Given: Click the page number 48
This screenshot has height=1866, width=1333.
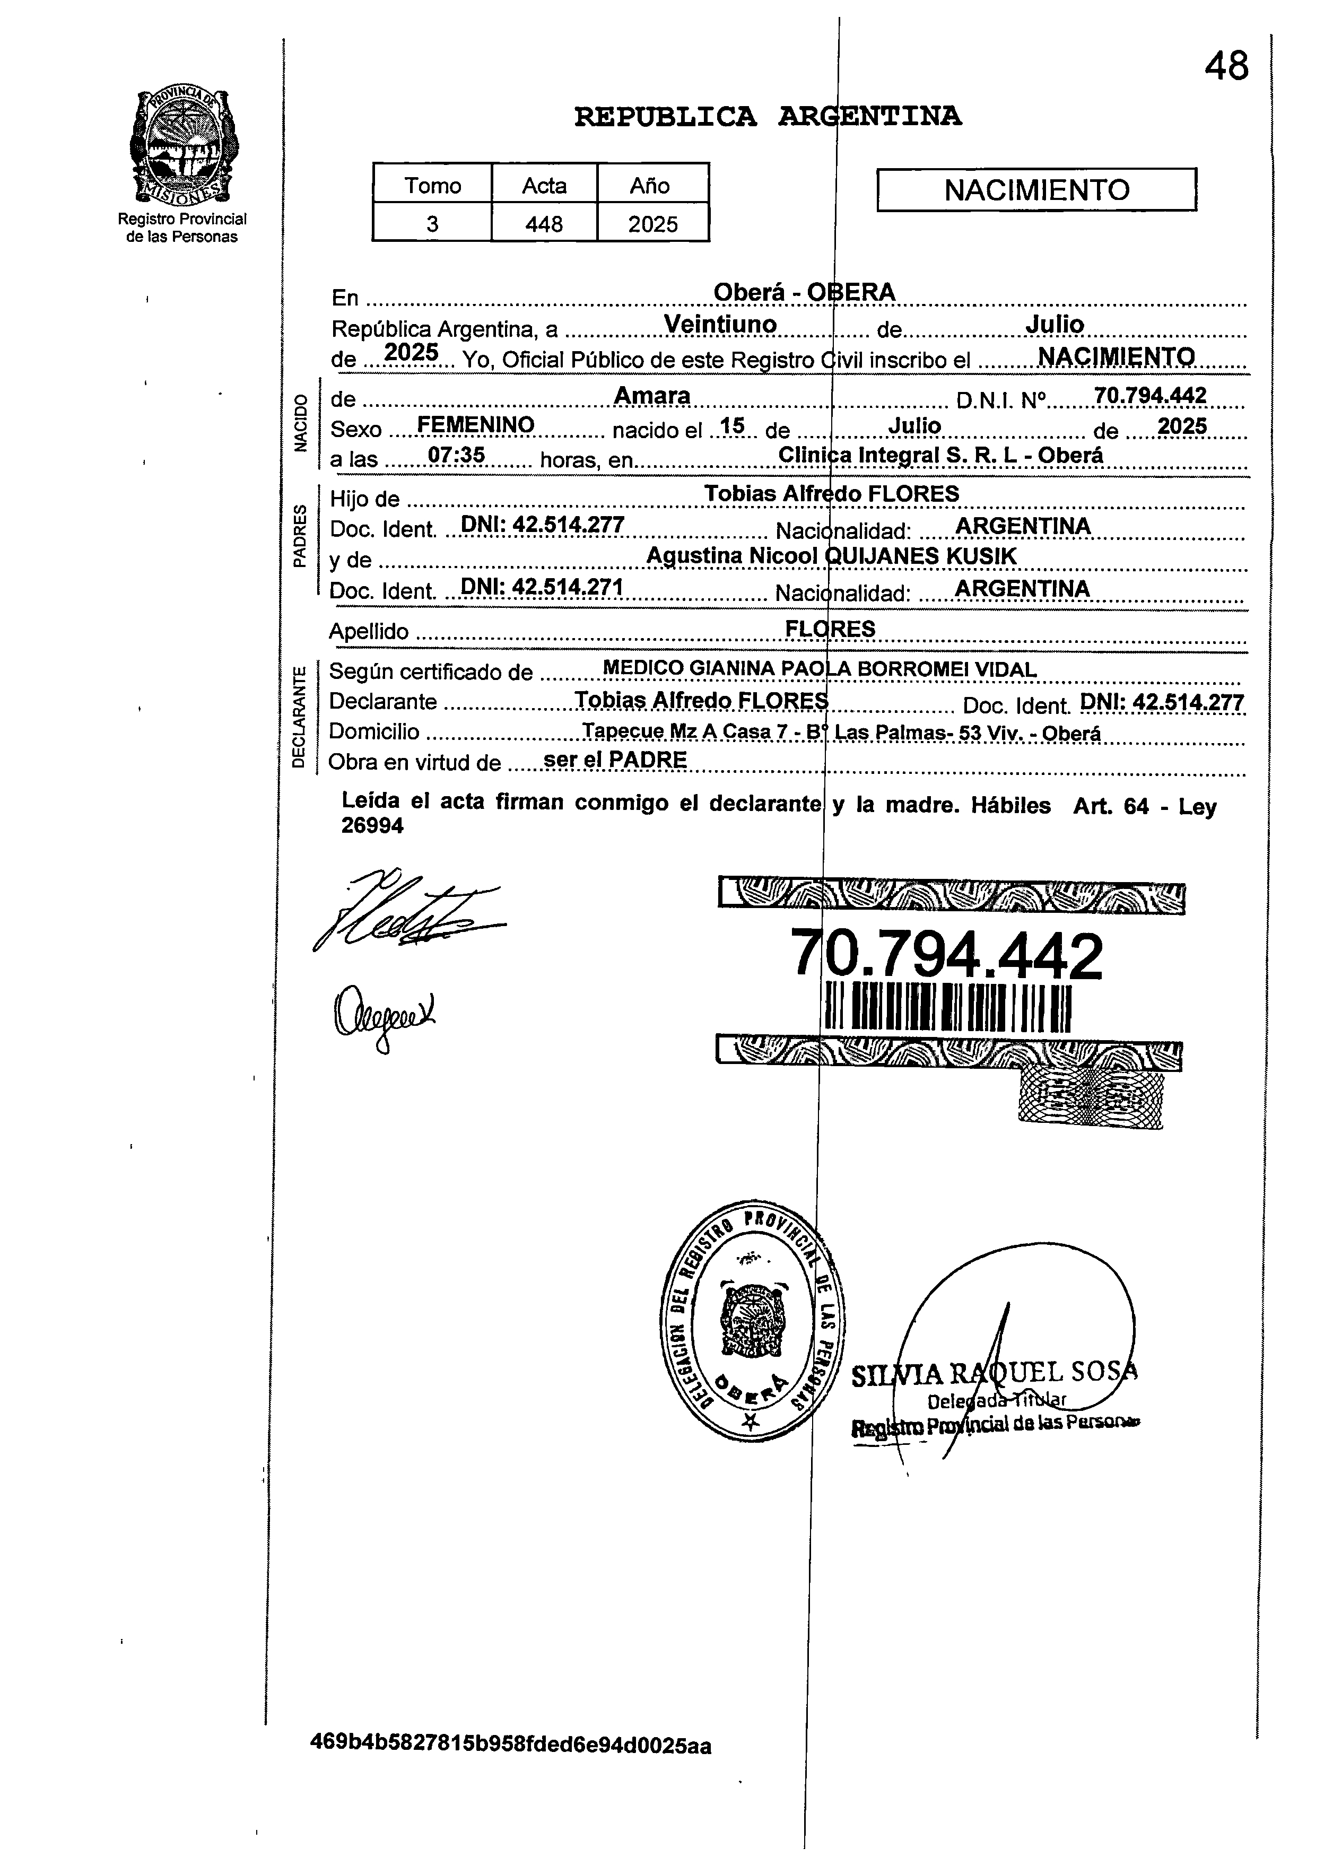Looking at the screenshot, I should (x=1226, y=66).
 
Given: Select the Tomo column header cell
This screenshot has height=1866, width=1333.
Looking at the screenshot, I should (x=432, y=186).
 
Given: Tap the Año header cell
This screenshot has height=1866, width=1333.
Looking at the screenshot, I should (x=650, y=186).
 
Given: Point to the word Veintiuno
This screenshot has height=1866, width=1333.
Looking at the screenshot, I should (x=720, y=325).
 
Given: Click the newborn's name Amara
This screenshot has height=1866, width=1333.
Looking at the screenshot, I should (x=652, y=396).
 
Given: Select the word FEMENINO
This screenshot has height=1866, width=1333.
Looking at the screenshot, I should (x=476, y=425).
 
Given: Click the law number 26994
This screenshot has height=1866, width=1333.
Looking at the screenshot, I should (x=373, y=826).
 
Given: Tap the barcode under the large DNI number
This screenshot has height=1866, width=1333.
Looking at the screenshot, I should (x=948, y=1009).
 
